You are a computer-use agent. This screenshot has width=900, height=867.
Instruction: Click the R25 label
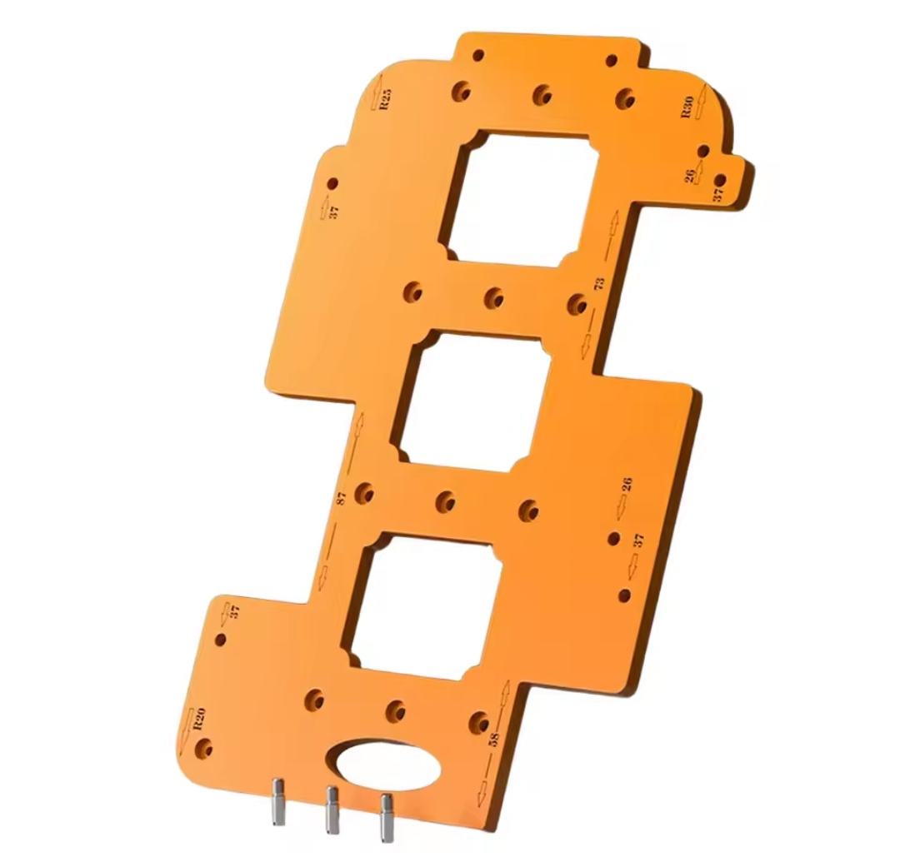pos(387,98)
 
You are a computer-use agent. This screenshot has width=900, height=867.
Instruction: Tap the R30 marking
pos(687,107)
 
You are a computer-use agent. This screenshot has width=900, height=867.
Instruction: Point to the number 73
pos(599,283)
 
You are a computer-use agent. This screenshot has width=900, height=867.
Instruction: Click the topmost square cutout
pos(519,197)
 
